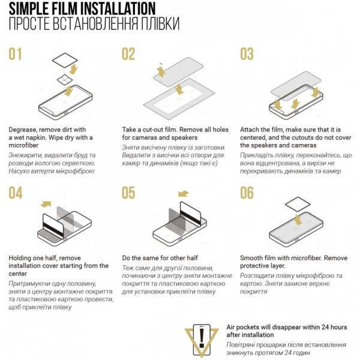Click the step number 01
[x=15, y=54]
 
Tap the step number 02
[x=128, y=54]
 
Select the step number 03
[x=247, y=54]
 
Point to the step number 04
[x=16, y=193]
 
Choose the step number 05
[x=128, y=193]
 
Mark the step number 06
[x=247, y=193]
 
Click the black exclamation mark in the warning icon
[x=202, y=338]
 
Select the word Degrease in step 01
[x=23, y=130]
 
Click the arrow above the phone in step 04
[x=46, y=204]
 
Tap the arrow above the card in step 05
[x=183, y=194]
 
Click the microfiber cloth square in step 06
[x=298, y=204]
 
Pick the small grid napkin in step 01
[x=65, y=80]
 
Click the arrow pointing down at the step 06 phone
[x=298, y=220]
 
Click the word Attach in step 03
[x=250, y=130]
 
